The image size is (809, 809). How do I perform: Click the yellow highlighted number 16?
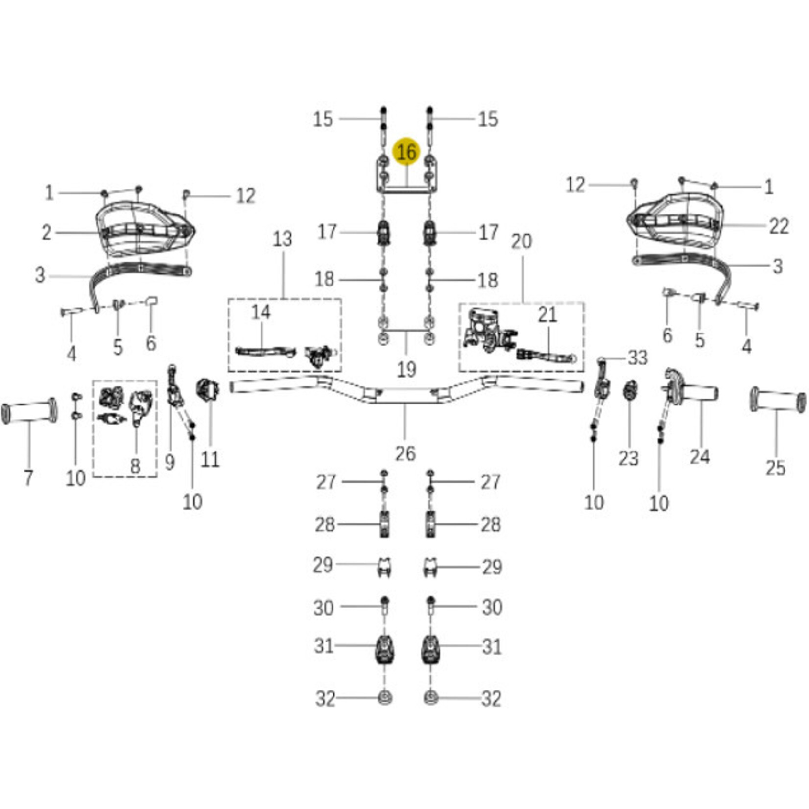[x=406, y=152]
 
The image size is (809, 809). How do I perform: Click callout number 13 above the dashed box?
[x=283, y=239]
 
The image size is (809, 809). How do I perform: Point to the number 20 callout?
[x=522, y=241]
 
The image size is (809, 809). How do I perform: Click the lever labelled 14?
[x=265, y=352]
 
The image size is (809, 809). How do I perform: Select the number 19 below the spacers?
[x=406, y=369]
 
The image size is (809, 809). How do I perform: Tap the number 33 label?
[x=638, y=358]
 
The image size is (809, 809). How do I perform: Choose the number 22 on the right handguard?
[x=779, y=227]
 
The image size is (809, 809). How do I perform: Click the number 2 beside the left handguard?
[x=47, y=233]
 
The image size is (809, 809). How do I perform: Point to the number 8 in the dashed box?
[x=135, y=466]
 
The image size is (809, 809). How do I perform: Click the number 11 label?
[x=210, y=459]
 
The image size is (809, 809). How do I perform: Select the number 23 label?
[x=628, y=459]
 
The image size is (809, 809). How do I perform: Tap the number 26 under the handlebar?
[x=405, y=453]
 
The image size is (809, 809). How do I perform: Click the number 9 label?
[x=169, y=462]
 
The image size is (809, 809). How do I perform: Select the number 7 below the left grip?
[x=28, y=477]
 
